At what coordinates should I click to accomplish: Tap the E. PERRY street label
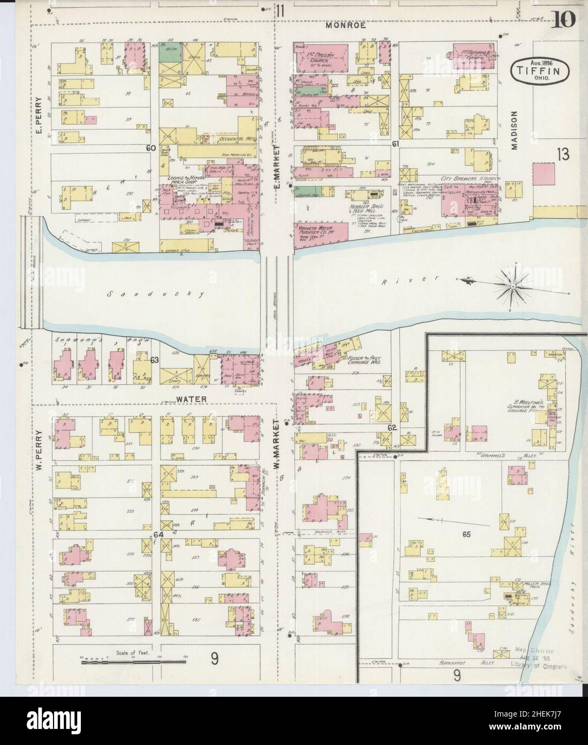pos(39,121)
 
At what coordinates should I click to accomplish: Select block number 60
pos(149,147)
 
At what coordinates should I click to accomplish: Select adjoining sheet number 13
pos(562,155)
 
